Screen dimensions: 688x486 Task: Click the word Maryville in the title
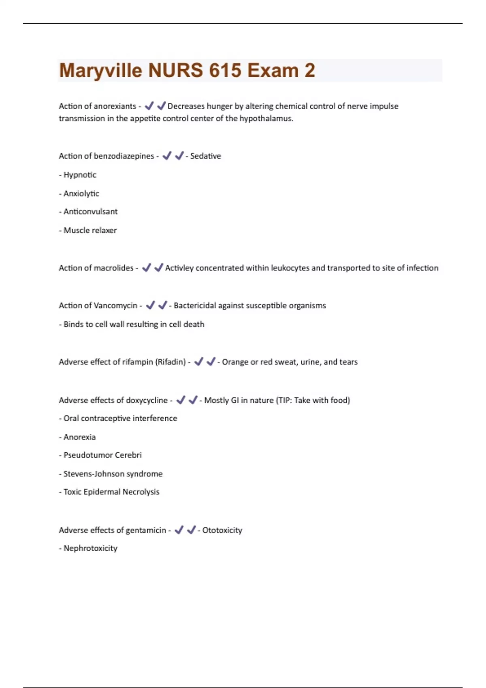[x=100, y=71]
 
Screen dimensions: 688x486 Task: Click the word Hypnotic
[x=80, y=175]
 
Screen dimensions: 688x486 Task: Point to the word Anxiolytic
[x=81, y=193]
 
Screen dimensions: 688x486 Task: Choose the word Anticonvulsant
[x=90, y=212]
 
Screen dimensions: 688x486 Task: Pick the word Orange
[x=235, y=362]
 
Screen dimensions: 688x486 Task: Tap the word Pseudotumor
[x=88, y=455]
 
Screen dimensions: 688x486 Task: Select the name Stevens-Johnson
[x=92, y=474]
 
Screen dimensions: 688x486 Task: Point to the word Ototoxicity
[x=222, y=530]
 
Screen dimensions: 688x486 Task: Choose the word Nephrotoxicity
[x=90, y=548]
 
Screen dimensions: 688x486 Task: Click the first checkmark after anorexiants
[x=149, y=106]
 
